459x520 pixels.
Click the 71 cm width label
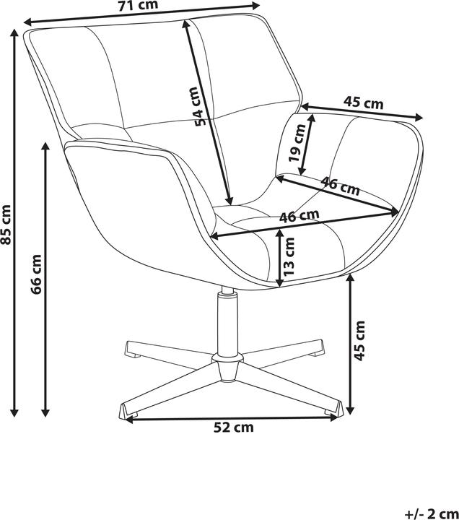tap(138, 5)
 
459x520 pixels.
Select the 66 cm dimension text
tap(36, 274)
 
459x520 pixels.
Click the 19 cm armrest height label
tap(297, 142)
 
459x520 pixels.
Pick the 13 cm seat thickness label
tap(289, 256)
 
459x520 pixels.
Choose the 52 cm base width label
tap(234, 428)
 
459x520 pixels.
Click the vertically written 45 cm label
tap(359, 341)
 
